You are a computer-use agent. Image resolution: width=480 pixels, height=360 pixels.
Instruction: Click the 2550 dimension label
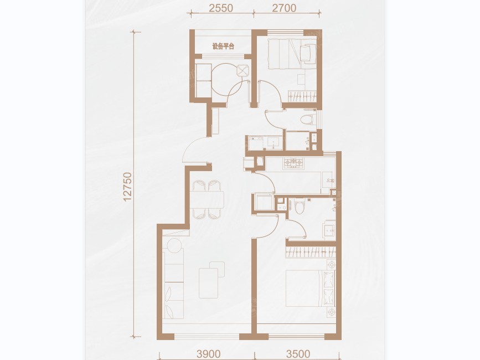[x=221, y=8]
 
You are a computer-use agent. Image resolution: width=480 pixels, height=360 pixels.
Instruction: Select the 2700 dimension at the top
[x=285, y=8]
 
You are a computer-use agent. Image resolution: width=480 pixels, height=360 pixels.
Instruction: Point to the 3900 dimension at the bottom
[x=209, y=354]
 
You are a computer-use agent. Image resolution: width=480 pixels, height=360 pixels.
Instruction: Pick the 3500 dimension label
[x=298, y=354]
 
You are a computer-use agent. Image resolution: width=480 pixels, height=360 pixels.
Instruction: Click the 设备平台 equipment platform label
[x=223, y=47]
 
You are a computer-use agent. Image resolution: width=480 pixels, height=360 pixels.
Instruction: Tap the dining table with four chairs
[x=207, y=199]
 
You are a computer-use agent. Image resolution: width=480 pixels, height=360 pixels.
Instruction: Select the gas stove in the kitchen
[x=294, y=163]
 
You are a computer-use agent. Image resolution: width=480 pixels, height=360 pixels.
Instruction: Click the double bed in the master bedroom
[x=310, y=288]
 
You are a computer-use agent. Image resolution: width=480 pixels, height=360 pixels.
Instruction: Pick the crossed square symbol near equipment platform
[x=242, y=71]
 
